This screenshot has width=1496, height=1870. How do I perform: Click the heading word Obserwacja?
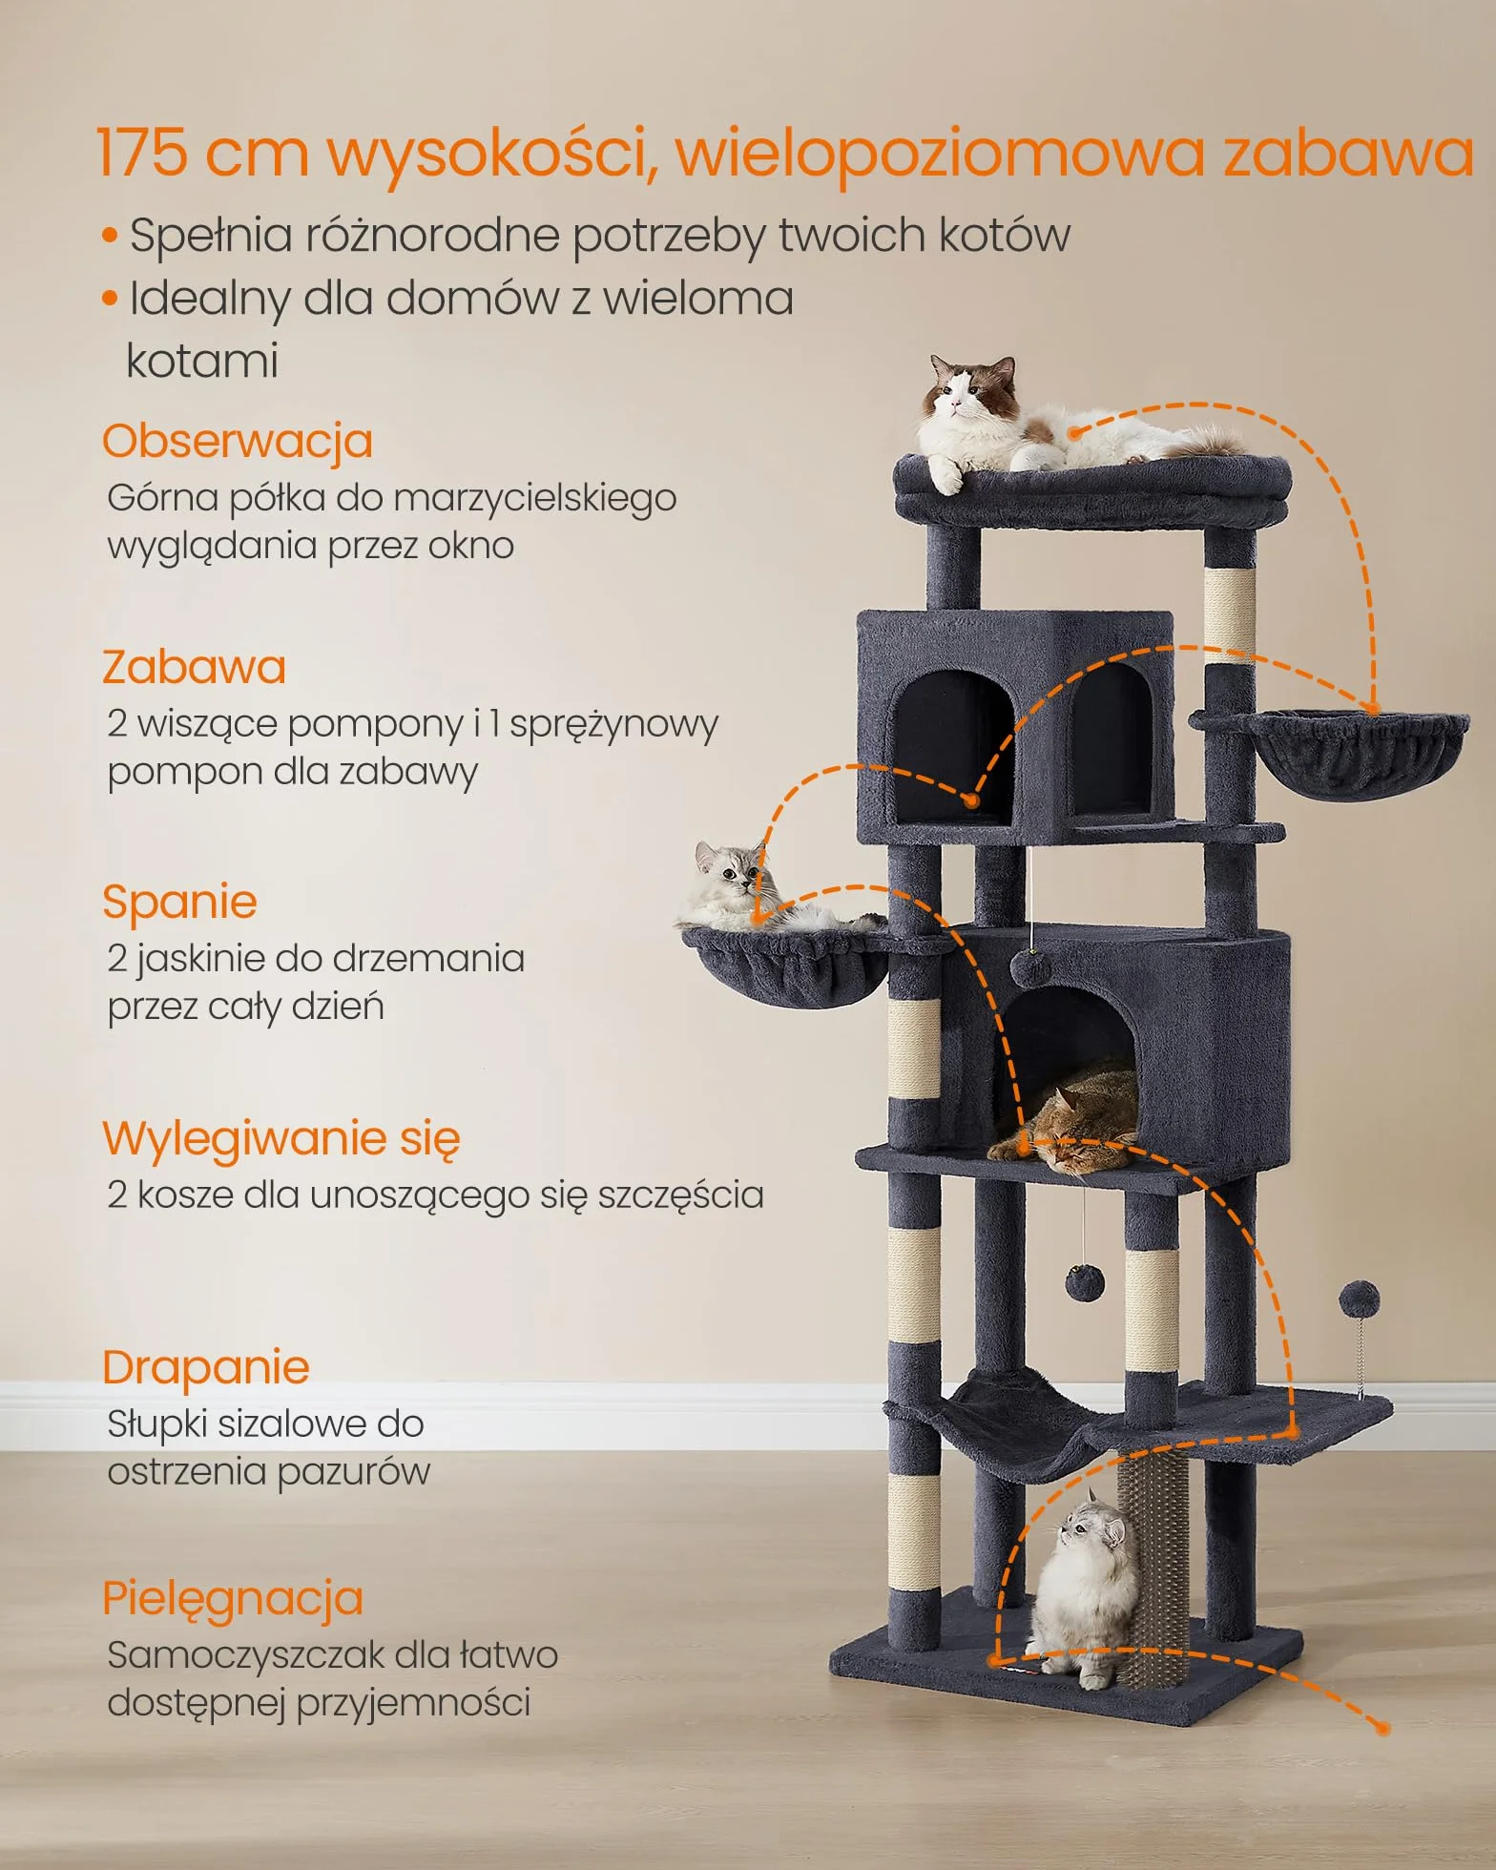[x=237, y=442]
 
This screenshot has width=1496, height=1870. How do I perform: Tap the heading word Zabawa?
[x=194, y=667]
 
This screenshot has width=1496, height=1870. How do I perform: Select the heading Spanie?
[x=179, y=903]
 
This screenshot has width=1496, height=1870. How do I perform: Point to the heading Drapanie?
[x=206, y=1368]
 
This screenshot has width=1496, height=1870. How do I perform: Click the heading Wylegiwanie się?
[x=281, y=1138]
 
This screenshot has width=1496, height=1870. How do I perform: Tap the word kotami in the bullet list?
[x=202, y=362]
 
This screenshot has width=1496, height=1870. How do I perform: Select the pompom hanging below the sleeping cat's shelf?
[x=1084, y=1284]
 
